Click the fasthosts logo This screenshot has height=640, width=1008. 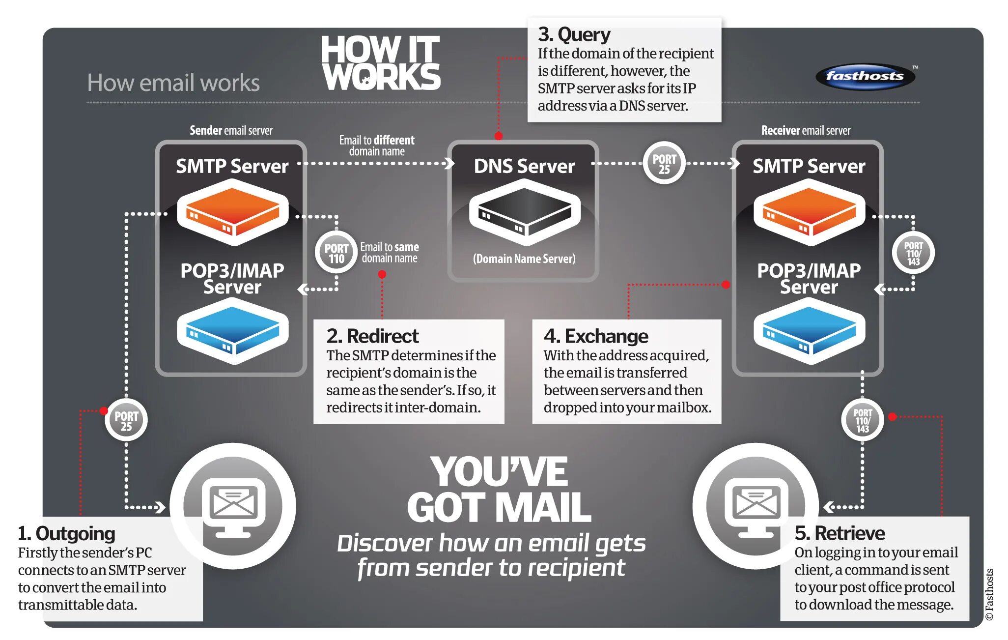(865, 76)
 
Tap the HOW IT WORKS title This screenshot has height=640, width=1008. (381, 63)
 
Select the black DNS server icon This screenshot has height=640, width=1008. (525, 212)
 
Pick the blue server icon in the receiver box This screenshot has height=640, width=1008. (809, 331)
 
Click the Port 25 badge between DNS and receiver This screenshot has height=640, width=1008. (664, 164)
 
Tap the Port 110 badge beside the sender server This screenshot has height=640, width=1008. (336, 253)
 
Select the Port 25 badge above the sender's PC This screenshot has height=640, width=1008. (126, 420)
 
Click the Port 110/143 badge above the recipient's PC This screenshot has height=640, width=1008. (863, 420)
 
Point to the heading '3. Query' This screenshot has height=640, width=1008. (574, 34)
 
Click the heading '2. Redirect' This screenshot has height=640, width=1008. (372, 336)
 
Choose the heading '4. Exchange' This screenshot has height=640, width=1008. (595, 336)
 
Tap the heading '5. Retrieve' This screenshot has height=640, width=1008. (840, 533)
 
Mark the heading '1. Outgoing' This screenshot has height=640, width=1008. (66, 534)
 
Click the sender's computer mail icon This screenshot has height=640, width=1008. (233, 506)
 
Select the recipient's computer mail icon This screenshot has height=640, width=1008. (756, 506)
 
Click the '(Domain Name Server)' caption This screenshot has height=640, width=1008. (524, 259)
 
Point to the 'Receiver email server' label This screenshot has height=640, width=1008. (806, 130)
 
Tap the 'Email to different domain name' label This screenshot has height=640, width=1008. (377, 145)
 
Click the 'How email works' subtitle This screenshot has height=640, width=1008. (173, 83)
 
